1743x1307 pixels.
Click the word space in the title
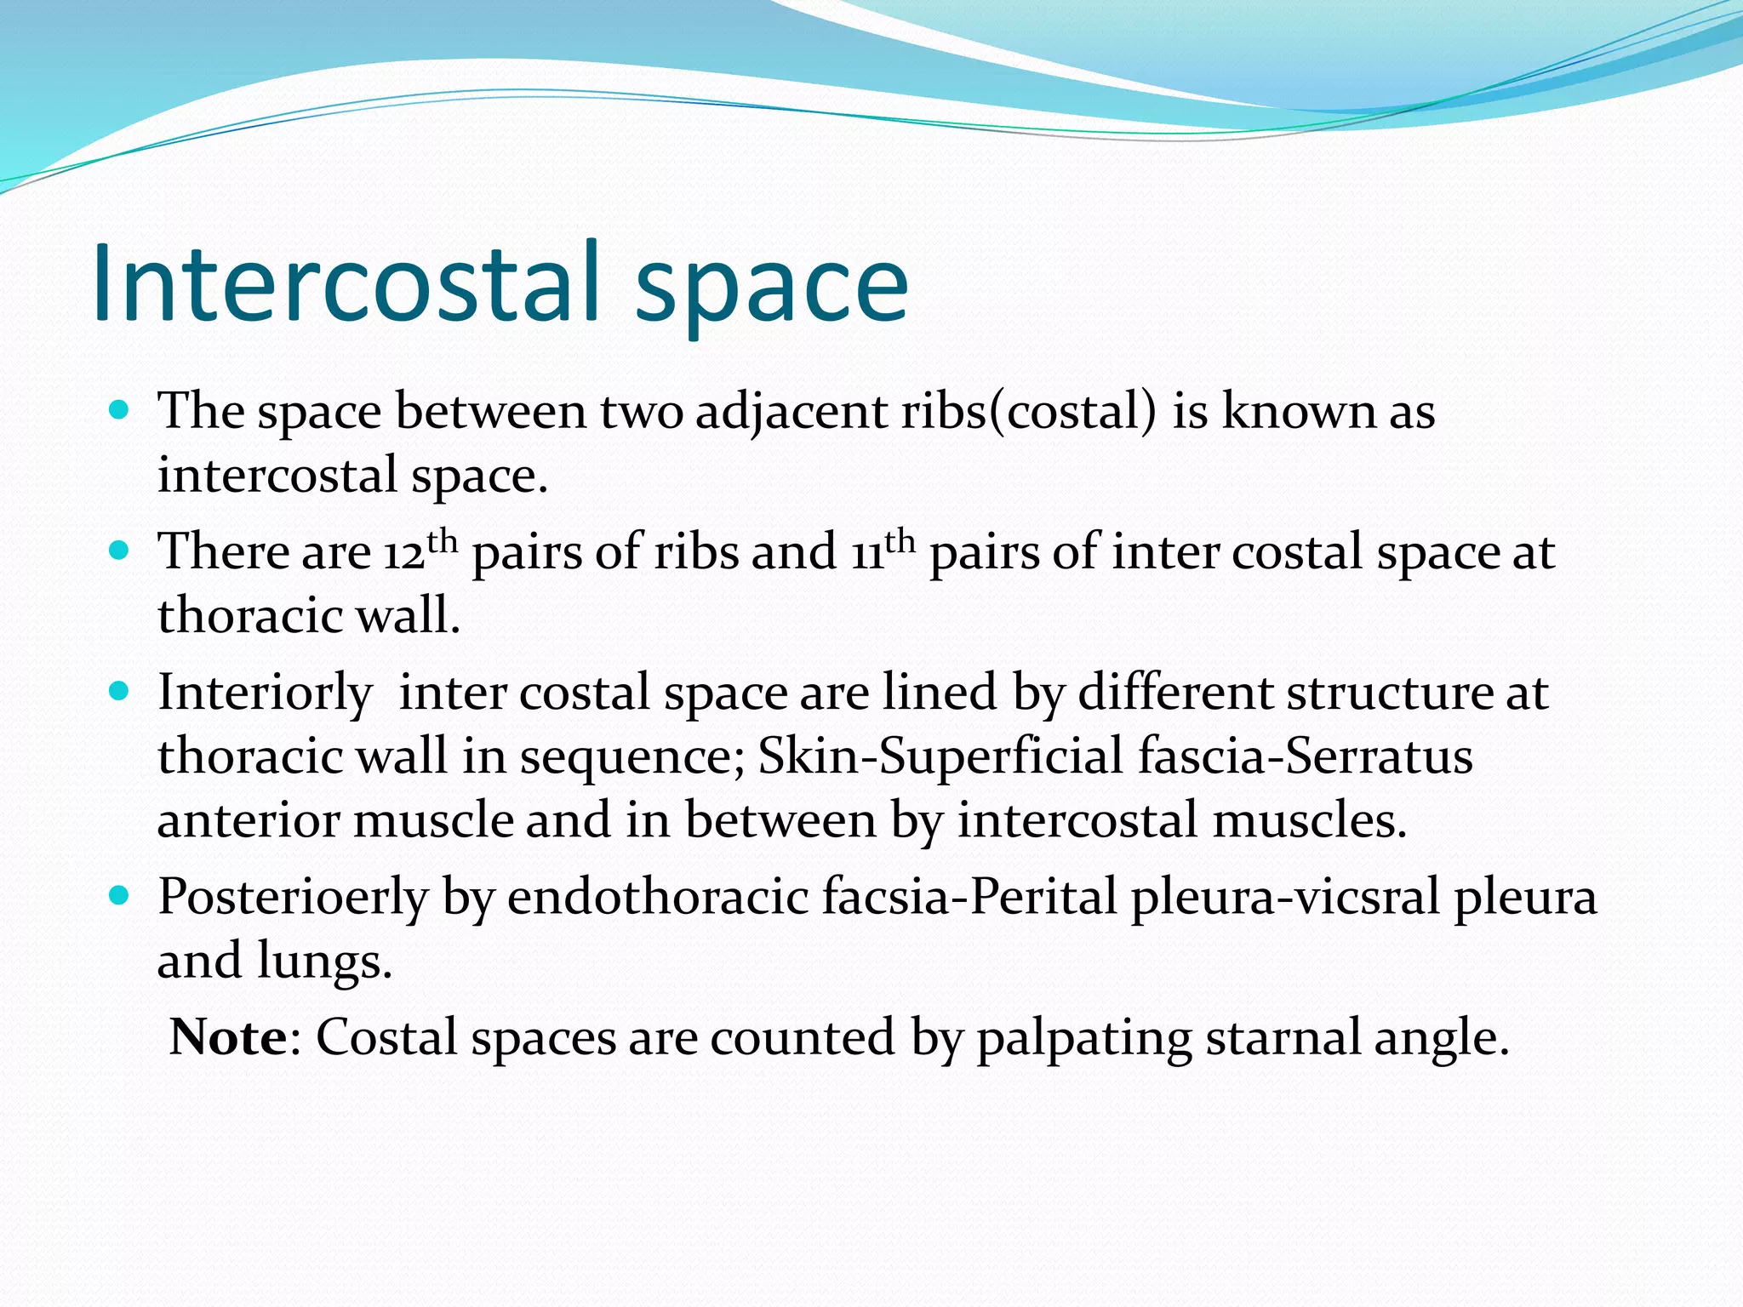click(x=772, y=289)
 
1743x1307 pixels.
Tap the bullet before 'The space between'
click(x=119, y=410)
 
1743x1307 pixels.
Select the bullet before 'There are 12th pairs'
click(x=119, y=551)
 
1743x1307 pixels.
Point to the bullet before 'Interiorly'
click(x=119, y=691)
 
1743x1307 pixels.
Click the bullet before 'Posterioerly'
click(x=119, y=895)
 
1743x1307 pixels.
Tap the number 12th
click(x=420, y=551)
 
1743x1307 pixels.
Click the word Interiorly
click(x=265, y=693)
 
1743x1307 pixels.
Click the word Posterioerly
click(x=293, y=898)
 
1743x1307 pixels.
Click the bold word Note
click(x=228, y=1037)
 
